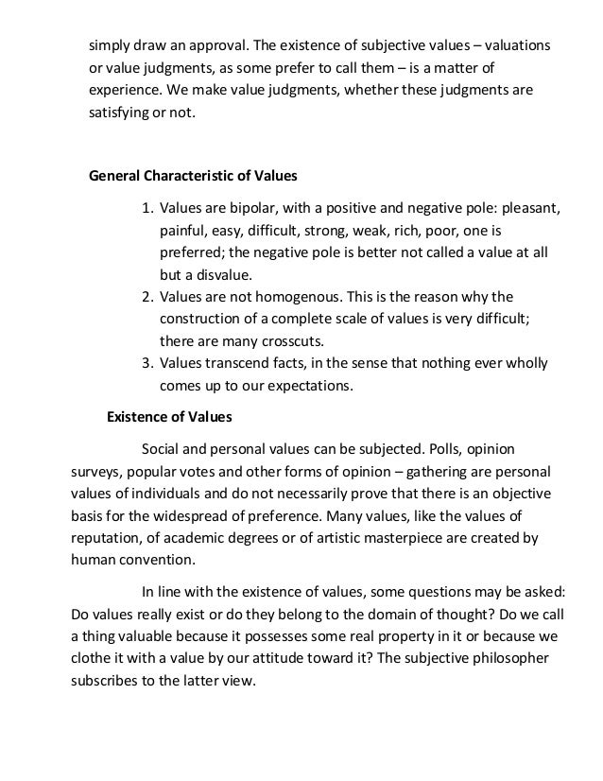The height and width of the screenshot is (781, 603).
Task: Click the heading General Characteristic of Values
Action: coord(193,175)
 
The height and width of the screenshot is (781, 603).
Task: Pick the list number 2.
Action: coord(147,297)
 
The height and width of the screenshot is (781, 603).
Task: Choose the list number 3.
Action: coord(147,363)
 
